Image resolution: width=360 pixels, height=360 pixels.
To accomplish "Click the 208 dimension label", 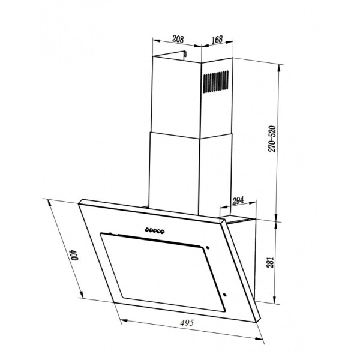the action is point(178,39).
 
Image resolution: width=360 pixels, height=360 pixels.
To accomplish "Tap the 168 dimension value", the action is point(217,39).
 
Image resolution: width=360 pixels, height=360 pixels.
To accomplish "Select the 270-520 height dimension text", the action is point(272,139).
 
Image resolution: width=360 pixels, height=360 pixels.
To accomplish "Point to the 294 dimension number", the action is point(238,200).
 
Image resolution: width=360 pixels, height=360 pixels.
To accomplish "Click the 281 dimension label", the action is point(271,262).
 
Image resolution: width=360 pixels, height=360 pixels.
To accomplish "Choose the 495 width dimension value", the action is point(187,323).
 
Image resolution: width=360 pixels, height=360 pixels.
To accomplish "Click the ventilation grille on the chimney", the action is point(215,82).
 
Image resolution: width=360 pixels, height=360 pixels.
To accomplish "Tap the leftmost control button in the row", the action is point(147,229).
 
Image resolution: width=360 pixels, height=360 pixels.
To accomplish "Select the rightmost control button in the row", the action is point(163,232).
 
